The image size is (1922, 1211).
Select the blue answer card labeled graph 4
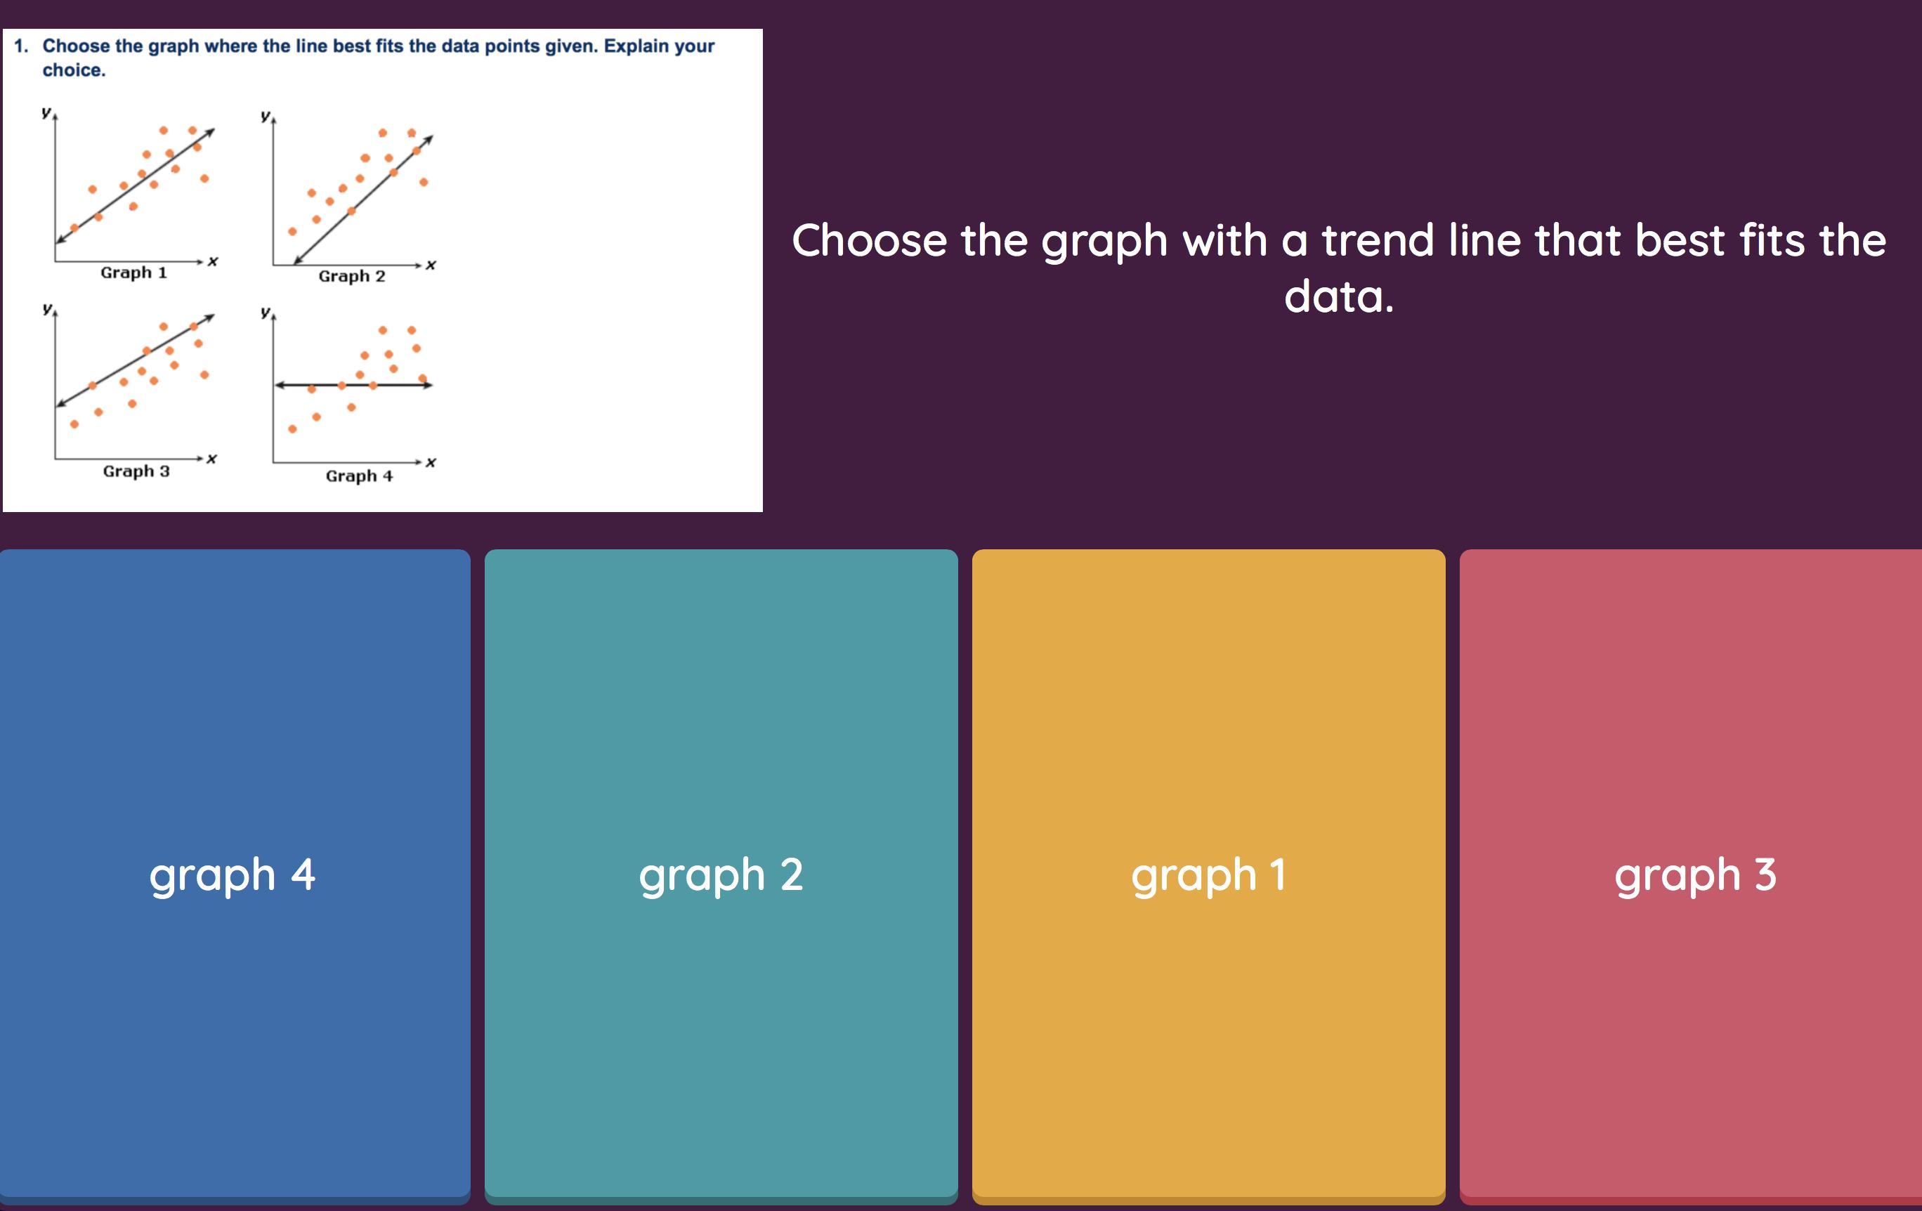coord(235,876)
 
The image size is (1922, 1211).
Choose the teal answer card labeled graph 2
coord(721,876)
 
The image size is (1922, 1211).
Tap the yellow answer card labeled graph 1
coord(1208,876)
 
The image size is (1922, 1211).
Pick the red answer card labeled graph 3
coord(1690,876)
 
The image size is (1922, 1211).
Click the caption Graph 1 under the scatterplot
coord(134,273)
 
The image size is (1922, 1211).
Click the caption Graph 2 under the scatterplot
coord(352,276)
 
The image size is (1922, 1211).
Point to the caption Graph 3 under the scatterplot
coord(136,471)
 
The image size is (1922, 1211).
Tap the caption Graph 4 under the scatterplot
coord(359,476)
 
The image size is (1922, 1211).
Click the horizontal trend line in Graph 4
coord(353,385)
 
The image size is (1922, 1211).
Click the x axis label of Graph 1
coord(212,261)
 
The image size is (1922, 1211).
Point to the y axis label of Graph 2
coord(265,116)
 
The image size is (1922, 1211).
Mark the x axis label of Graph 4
coord(431,462)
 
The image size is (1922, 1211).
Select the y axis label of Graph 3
coord(47,308)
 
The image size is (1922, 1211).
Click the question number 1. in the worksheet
coord(22,46)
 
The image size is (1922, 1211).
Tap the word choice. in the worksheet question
coord(74,70)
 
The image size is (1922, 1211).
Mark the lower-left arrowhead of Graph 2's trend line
coord(296,260)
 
